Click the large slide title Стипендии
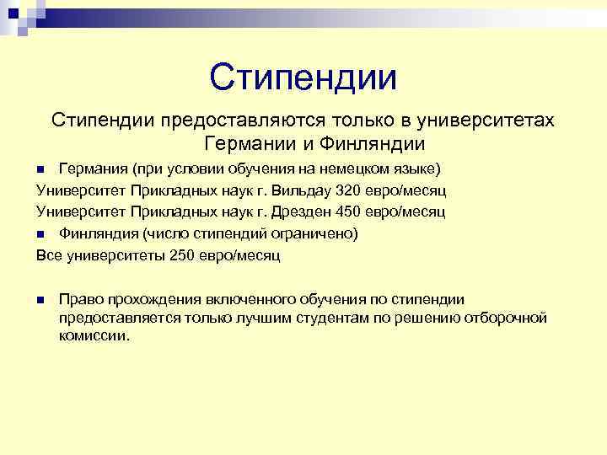click(303, 78)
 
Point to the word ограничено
click(318, 233)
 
